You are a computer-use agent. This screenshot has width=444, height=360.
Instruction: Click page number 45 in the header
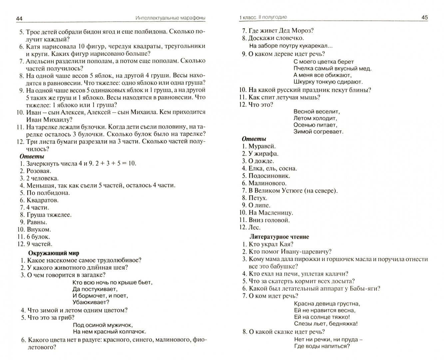[x=424, y=17]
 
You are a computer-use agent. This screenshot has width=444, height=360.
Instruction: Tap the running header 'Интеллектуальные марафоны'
[x=166, y=18]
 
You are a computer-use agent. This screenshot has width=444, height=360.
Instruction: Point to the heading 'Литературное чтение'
[x=279, y=237]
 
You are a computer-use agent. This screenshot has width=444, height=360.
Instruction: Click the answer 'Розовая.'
[x=39, y=171]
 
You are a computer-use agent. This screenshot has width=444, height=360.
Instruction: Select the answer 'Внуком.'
[x=39, y=229]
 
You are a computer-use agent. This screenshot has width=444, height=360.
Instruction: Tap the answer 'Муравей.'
[x=262, y=146]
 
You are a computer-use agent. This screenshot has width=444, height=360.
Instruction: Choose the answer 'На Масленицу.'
[x=271, y=212]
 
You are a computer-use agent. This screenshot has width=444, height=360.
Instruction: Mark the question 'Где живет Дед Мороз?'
[x=281, y=31]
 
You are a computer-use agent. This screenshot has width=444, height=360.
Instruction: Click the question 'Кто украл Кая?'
[x=268, y=244]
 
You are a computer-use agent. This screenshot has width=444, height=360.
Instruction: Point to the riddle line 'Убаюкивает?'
[x=91, y=302]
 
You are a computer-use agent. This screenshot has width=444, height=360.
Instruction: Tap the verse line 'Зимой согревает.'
[x=318, y=132]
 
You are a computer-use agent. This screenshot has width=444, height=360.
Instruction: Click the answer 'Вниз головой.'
[x=269, y=220]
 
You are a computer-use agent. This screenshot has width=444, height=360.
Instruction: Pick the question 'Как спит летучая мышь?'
[x=284, y=97]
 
